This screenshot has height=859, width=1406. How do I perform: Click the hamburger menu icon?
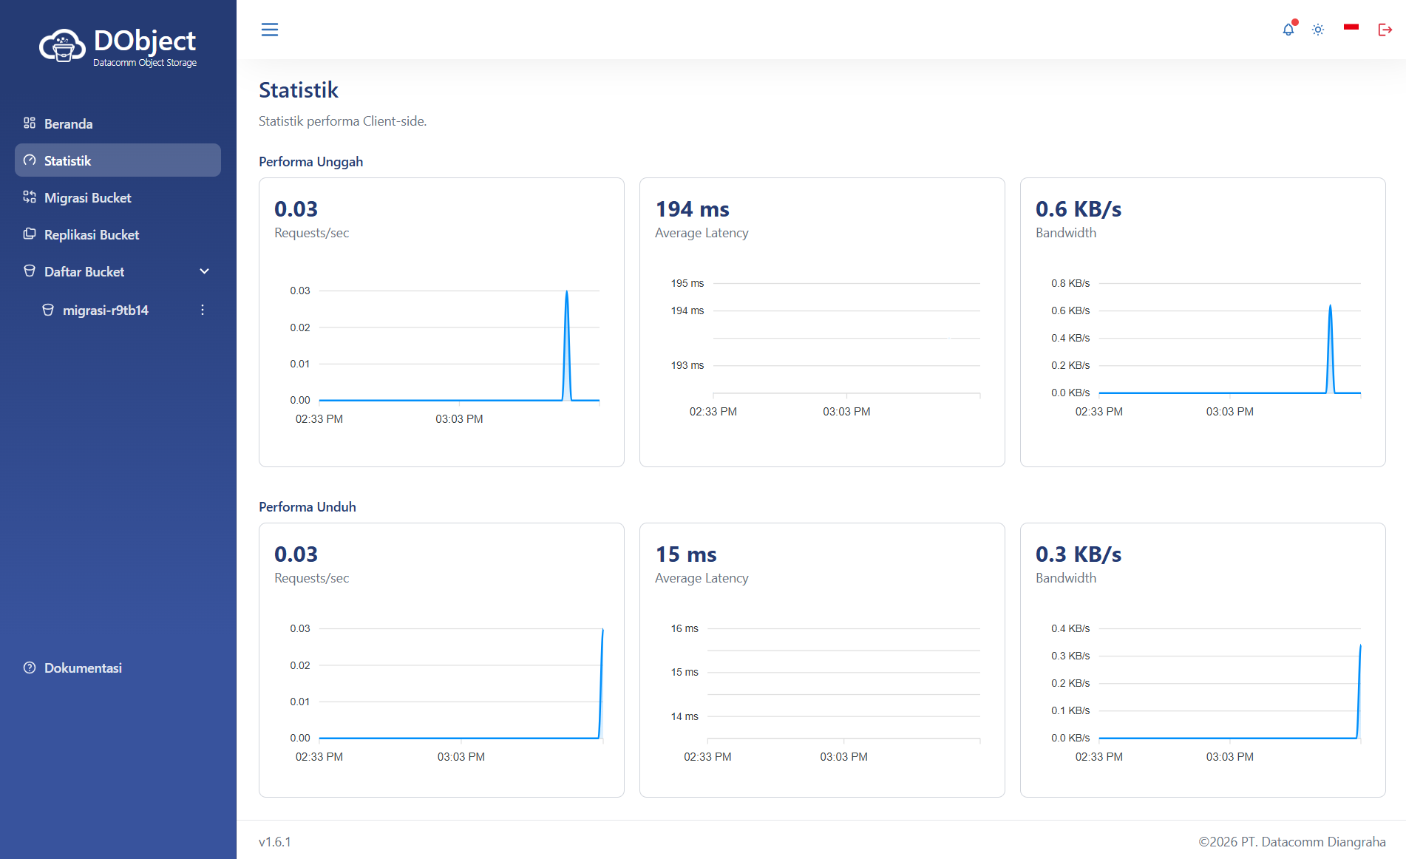(270, 30)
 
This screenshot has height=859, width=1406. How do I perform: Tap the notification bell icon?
(1288, 30)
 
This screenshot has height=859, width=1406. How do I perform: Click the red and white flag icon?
(1351, 27)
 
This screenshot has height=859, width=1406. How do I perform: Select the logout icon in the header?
(1385, 30)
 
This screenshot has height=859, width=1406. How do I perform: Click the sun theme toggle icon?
(1318, 30)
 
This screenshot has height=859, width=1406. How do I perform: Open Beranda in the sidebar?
(68, 123)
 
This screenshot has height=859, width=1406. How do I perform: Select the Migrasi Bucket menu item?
(87, 197)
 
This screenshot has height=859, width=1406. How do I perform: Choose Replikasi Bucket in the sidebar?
(92, 234)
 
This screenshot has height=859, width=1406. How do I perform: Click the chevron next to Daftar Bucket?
(205, 271)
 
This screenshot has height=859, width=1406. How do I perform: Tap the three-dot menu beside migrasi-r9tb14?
(203, 310)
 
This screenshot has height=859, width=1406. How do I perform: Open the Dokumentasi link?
(83, 668)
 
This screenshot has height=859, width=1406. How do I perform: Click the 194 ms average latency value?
(693, 209)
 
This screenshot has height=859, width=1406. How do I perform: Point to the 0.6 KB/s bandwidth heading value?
(1079, 209)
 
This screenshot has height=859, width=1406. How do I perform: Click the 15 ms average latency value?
(686, 554)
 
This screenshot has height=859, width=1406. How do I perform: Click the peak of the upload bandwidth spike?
(1331, 305)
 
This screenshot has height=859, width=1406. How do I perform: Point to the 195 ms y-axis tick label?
(687, 283)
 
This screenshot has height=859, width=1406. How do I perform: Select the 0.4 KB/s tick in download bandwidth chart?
(1070, 628)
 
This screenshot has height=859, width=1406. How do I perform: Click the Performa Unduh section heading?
(308, 507)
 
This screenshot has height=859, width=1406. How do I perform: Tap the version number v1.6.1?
(275, 842)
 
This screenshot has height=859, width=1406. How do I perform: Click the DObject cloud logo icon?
(62, 46)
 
